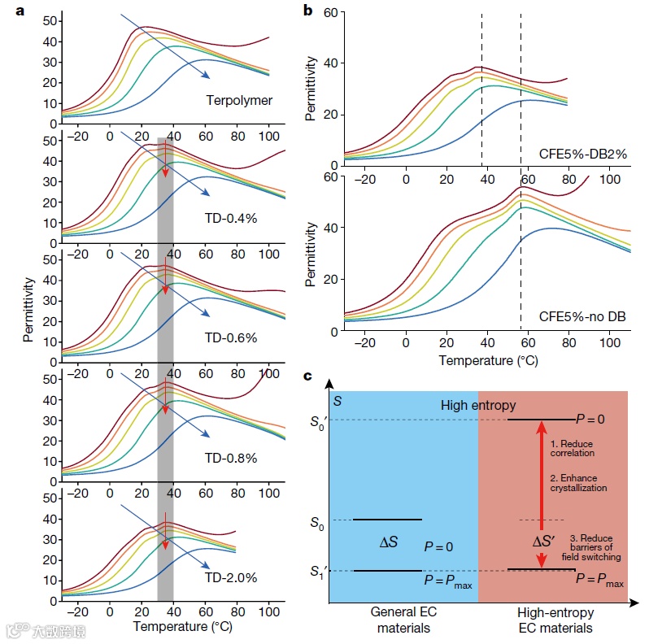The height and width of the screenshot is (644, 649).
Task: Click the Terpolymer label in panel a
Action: (x=238, y=102)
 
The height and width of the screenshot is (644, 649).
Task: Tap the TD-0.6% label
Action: (x=230, y=338)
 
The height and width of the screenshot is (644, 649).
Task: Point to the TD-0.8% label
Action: (x=230, y=459)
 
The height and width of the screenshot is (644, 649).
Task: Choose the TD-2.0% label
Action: (x=230, y=578)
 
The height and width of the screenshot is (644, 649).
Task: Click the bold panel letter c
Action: (x=307, y=376)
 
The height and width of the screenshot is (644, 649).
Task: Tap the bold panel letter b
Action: (x=307, y=11)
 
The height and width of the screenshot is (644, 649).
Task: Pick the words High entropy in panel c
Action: (x=478, y=405)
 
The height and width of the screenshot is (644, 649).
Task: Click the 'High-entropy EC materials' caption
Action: (x=555, y=620)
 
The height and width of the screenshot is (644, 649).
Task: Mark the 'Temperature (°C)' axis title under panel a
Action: (x=182, y=627)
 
